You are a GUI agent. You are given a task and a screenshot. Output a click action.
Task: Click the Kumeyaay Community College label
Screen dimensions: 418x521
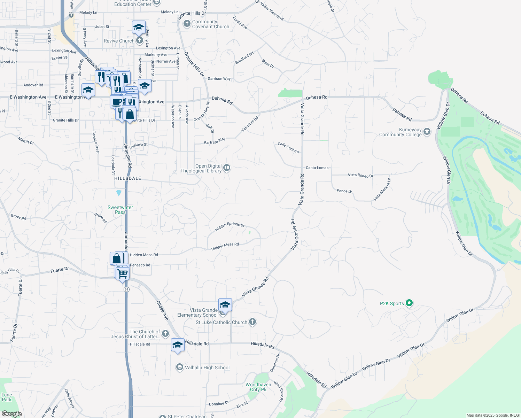click(x=400, y=132)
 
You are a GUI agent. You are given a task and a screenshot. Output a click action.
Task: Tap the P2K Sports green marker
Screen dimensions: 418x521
click(x=410, y=303)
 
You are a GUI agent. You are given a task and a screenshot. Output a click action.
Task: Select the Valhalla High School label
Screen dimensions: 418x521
click(x=207, y=368)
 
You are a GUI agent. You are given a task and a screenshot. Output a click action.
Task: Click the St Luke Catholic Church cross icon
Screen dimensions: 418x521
click(x=252, y=322)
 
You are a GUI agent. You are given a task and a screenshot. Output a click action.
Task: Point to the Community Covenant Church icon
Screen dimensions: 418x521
click(x=187, y=24)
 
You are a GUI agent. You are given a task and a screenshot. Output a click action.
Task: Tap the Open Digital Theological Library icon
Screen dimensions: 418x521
click(x=227, y=168)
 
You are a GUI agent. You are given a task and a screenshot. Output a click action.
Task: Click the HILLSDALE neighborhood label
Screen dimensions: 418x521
click(x=128, y=178)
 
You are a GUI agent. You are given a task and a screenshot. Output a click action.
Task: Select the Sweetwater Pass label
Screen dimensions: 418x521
click(x=120, y=210)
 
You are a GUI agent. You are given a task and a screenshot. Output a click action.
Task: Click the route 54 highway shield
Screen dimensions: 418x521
click(x=126, y=289)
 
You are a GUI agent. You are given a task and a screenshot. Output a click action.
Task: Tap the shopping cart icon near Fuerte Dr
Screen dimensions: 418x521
click(x=123, y=273)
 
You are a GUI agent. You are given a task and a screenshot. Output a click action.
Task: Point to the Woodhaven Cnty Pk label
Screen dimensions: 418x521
click(x=258, y=387)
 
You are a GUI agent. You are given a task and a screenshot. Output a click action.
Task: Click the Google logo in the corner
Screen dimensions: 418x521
click(x=11, y=414)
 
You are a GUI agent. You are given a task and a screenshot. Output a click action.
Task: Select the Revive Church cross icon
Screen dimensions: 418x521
click(x=139, y=41)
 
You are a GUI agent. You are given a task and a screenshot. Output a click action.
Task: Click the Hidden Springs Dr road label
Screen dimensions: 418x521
click(x=230, y=226)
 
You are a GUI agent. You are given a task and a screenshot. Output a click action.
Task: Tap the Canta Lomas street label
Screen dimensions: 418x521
click(x=317, y=168)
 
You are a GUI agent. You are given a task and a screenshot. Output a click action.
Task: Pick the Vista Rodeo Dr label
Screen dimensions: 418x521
click(x=360, y=175)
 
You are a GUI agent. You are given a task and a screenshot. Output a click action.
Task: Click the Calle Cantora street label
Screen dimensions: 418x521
click(x=288, y=148)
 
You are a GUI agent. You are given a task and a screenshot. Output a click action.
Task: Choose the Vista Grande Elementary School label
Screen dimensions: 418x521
click(x=197, y=312)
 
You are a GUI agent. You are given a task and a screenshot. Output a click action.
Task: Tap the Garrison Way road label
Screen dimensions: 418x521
click(x=219, y=79)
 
